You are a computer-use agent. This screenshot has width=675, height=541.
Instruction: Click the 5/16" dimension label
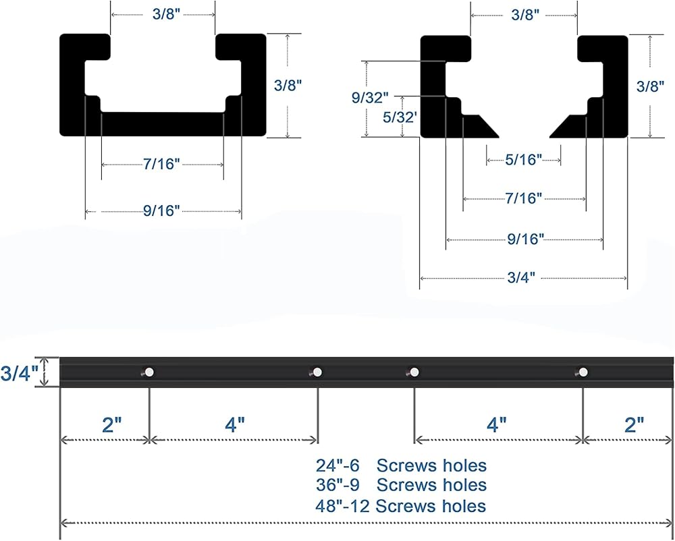click(x=524, y=160)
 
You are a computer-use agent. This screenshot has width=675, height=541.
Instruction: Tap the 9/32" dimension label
click(x=370, y=98)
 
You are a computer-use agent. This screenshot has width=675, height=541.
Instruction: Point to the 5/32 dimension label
click(x=399, y=117)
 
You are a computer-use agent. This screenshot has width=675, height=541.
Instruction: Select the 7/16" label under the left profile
click(x=161, y=164)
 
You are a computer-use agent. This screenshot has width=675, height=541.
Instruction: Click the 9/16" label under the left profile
click(x=161, y=210)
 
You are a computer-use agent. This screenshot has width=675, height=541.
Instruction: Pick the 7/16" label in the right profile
click(x=524, y=198)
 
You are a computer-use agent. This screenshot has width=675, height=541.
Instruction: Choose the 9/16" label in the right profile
click(x=526, y=239)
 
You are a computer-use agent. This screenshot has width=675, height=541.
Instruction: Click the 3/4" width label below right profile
click(x=521, y=277)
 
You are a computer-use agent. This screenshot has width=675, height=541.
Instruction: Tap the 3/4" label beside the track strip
click(x=16, y=373)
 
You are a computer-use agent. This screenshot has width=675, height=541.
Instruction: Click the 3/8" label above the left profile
click(x=167, y=13)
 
